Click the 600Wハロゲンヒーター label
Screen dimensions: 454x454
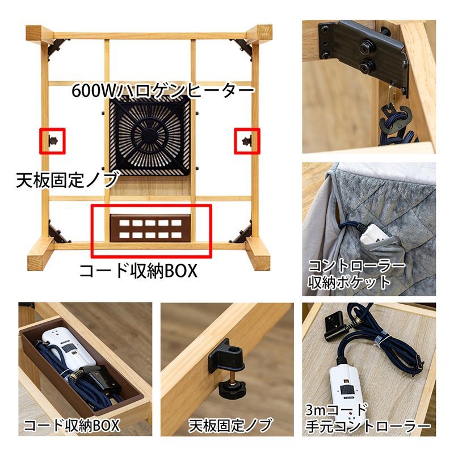[162, 91]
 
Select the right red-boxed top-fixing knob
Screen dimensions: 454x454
[247, 140]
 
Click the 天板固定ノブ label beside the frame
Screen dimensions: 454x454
[66, 180]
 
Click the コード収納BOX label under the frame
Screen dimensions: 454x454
[137, 271]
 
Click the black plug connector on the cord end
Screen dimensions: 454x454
[331, 326]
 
